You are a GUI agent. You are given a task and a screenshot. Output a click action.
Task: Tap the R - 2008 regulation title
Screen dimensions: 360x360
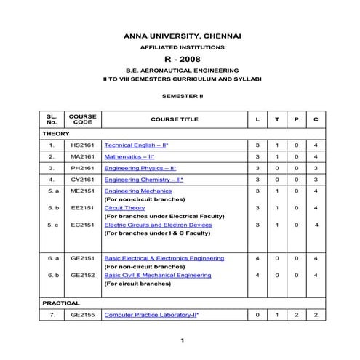(x=183, y=59)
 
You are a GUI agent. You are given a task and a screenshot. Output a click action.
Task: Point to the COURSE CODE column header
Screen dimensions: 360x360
(x=82, y=119)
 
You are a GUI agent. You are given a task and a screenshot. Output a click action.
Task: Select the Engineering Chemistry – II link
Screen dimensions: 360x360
(x=143, y=179)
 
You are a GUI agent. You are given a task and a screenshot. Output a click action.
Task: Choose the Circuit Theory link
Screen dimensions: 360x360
(x=124, y=208)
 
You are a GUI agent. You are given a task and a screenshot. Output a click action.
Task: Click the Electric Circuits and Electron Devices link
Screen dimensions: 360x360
(x=158, y=225)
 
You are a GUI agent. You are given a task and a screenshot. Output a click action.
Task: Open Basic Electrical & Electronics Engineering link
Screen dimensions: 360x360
(x=164, y=258)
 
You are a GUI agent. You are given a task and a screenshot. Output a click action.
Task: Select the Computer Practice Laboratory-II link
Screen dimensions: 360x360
(x=151, y=315)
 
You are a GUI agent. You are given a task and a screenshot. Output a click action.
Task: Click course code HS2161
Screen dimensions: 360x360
(x=82, y=145)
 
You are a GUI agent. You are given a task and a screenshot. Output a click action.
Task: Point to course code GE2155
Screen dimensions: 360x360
(x=82, y=315)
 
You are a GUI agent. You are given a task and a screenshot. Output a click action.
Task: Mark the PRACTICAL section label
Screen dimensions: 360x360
(x=61, y=303)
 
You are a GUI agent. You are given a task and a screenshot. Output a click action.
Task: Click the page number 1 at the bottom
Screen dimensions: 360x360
(x=183, y=340)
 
